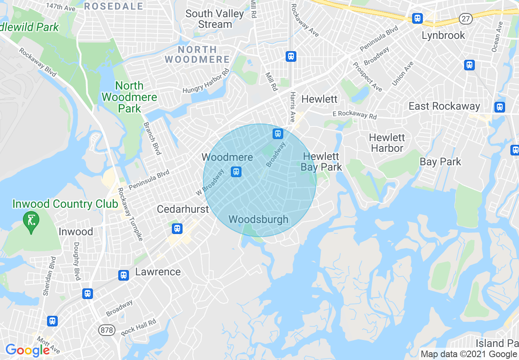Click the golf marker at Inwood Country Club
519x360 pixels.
(x=31, y=221)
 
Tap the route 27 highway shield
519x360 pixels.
(x=466, y=18)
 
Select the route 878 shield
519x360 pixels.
(x=106, y=330)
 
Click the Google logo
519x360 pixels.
(x=27, y=350)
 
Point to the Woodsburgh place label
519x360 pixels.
(x=258, y=220)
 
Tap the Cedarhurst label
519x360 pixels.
(x=183, y=209)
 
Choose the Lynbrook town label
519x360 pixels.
(x=443, y=36)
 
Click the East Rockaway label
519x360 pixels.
(x=444, y=106)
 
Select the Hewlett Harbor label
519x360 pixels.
(x=387, y=143)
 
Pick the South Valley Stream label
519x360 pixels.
(x=214, y=19)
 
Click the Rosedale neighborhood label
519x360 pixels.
(x=114, y=6)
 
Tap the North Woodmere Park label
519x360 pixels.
(x=130, y=97)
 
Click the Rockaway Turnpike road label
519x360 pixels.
(x=130, y=214)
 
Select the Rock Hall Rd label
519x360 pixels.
(x=139, y=327)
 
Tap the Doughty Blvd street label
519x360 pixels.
(x=77, y=261)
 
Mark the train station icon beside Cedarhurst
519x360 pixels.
(x=177, y=228)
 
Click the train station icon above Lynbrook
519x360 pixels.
(x=417, y=18)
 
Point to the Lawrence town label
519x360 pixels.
(x=158, y=272)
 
